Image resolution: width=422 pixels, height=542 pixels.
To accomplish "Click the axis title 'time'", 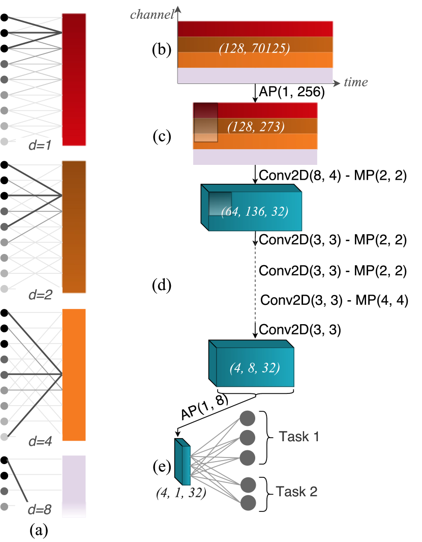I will point(355,82).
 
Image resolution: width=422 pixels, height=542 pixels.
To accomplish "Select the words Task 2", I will point(298,491).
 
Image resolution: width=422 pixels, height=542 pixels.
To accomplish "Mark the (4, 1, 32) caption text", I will point(181,493).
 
